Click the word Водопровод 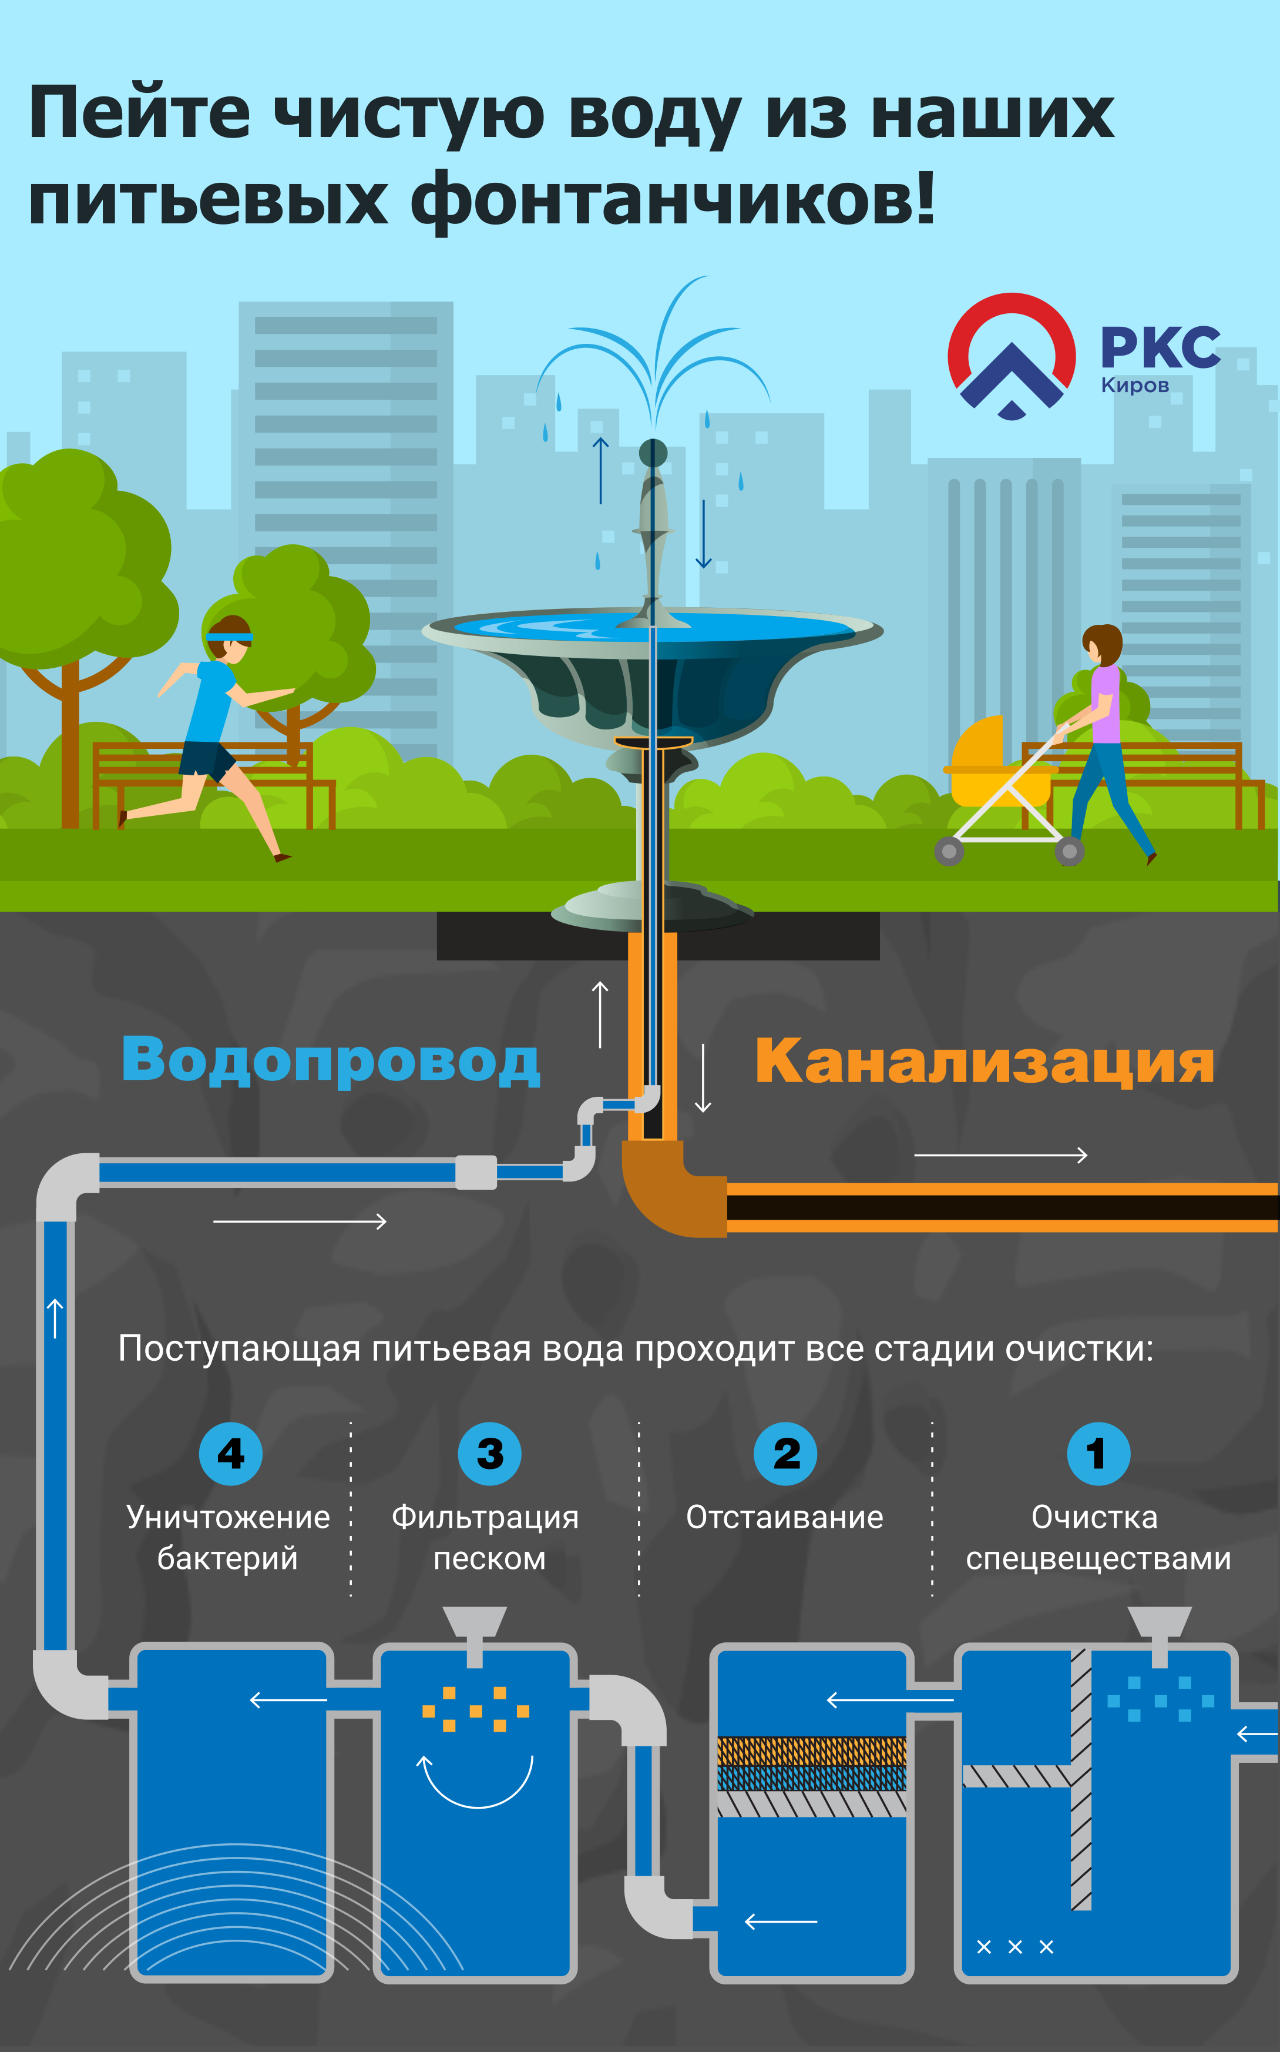point(330,1060)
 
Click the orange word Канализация point(985,1060)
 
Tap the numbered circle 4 point(230,1453)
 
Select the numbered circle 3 point(489,1453)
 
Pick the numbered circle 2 point(785,1453)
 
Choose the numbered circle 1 point(1098,1453)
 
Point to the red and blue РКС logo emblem point(1012,356)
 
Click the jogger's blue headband point(230,636)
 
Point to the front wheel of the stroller point(949,851)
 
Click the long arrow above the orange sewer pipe point(1000,1154)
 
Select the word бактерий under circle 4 point(228,1558)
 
